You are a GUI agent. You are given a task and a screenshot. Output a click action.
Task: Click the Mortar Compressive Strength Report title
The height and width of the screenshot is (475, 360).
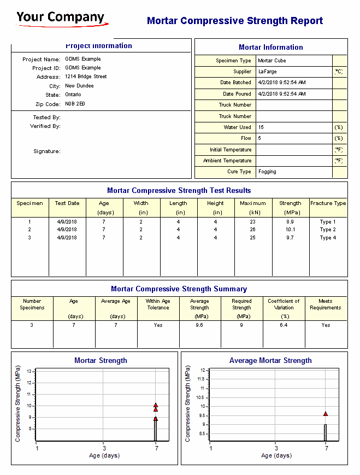point(234,21)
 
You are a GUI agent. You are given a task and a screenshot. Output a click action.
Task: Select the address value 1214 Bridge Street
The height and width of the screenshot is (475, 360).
point(86,77)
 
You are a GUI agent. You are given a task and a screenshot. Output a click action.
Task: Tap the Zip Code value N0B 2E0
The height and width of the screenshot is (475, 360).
point(75,104)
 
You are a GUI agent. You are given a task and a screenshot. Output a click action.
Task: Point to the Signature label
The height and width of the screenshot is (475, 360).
point(46,151)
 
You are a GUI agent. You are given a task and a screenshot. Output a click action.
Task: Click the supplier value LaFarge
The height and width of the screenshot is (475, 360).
point(267,72)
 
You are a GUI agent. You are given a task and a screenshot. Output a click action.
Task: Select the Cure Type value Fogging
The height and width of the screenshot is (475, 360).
point(267,172)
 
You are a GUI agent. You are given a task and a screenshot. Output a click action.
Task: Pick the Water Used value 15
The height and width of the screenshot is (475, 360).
point(261,127)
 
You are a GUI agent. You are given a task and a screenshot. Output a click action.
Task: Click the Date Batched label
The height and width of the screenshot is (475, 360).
point(235,83)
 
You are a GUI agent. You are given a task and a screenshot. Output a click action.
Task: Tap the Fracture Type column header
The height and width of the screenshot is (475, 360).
point(328,203)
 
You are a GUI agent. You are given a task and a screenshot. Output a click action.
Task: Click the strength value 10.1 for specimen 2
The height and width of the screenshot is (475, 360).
point(290,230)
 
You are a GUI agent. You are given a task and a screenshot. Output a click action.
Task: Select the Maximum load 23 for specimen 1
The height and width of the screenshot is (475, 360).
point(252,222)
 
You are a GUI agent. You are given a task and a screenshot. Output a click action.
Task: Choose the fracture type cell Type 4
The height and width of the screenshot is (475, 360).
point(328,238)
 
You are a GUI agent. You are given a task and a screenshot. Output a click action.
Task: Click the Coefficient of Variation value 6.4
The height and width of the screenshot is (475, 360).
point(284,325)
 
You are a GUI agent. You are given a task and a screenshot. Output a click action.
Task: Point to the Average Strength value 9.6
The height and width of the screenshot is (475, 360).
point(199,325)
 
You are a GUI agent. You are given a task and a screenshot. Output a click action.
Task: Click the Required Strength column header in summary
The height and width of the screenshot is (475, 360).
point(241,304)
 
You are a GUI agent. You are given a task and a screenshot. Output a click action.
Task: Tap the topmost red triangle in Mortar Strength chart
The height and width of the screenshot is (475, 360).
point(156,405)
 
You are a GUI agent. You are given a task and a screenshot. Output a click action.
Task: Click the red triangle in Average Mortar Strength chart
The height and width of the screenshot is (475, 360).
point(326,414)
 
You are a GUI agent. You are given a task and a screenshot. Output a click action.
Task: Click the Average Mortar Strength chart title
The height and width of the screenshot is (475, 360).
point(270,361)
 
